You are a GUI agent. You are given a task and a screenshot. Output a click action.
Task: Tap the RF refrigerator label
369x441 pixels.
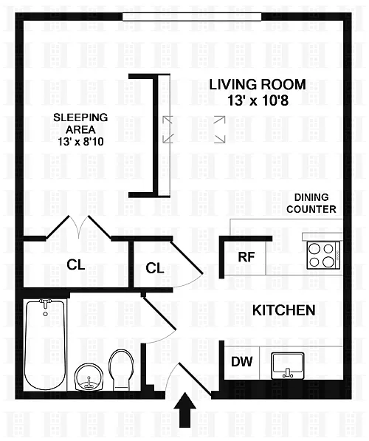246,257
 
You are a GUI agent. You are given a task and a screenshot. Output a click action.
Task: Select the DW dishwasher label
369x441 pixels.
241,362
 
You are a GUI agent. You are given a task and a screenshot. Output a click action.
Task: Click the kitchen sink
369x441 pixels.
288,366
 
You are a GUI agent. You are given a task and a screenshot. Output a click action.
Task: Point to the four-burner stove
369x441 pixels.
324,256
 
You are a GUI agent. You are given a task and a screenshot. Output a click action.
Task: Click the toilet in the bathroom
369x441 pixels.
121,369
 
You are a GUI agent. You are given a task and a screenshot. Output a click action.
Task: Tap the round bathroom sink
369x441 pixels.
89,377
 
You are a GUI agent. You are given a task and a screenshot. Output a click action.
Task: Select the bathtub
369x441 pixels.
45,345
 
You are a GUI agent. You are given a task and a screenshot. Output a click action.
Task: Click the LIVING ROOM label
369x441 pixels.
258,85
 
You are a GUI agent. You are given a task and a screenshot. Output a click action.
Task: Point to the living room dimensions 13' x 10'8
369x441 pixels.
258,100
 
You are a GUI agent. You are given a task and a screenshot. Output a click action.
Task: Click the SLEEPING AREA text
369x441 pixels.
80,123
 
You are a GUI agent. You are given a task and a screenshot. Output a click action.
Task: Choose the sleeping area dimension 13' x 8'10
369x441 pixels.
80,142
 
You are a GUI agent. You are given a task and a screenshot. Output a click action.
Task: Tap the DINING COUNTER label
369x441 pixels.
311,203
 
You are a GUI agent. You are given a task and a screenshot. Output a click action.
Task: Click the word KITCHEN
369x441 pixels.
284,310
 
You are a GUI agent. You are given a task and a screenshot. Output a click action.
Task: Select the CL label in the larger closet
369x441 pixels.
76,264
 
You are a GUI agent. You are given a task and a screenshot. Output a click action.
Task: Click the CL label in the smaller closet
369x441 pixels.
154,268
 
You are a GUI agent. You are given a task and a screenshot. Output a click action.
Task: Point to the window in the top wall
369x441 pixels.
192,16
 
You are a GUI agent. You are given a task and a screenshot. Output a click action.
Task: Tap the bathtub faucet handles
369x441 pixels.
45,301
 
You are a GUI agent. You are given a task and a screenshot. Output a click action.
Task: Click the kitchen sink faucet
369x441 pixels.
288,373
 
